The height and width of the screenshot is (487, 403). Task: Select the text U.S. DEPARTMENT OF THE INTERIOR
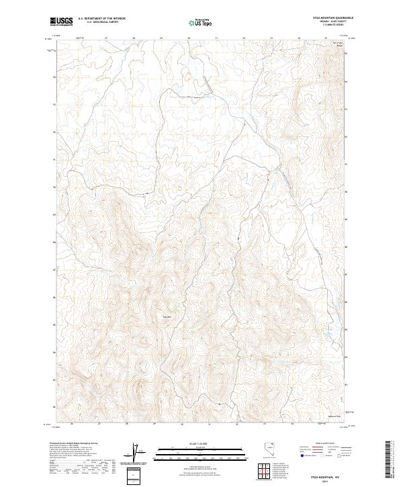101,19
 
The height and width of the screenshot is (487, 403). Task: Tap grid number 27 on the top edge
107,38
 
